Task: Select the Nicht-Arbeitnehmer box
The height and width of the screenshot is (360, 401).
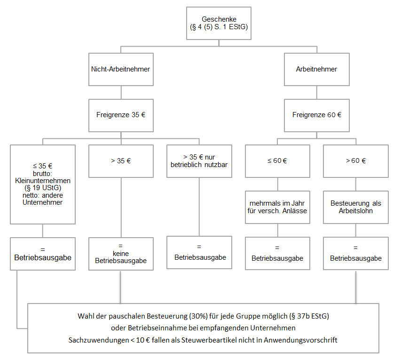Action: coord(120,69)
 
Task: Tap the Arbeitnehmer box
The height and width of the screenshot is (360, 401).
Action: coord(316,69)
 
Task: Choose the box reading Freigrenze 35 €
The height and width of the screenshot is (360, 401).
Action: coord(120,115)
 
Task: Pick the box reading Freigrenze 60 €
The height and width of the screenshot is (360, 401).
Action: coord(316,115)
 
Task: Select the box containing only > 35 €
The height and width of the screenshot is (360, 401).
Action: coord(120,161)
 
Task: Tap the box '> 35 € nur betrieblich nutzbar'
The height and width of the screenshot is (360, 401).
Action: coord(199,161)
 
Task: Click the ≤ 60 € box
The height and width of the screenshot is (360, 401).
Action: coord(277,161)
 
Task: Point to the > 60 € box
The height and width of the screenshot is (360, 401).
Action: coord(356,161)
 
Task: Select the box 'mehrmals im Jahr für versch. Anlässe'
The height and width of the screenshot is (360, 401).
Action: coord(277,207)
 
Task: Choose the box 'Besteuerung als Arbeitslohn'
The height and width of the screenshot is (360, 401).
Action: coord(356,207)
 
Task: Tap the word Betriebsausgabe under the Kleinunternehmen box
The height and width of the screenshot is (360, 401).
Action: coord(43,258)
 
